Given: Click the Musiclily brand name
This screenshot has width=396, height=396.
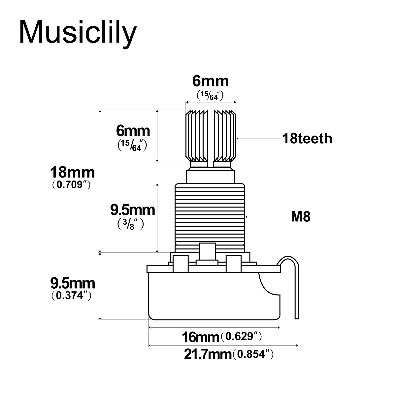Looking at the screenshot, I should point(78,32).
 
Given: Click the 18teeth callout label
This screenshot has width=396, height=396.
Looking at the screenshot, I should point(307,139).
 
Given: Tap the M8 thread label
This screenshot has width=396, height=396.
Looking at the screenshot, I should point(301,217).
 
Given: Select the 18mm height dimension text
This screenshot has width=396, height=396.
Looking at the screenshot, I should point(72,173).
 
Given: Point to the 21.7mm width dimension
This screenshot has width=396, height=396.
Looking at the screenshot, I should point(208,355).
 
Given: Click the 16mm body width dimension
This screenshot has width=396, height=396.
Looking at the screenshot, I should point(201,337).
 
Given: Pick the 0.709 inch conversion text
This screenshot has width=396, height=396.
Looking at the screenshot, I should point(71,185).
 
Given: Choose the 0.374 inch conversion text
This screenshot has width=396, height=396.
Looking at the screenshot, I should point(71,295).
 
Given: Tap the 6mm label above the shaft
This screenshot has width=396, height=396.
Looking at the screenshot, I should point(211,81).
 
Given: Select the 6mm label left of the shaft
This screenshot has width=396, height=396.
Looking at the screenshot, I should point(133,131).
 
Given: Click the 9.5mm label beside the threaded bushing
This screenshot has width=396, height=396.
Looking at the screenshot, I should point(132,210).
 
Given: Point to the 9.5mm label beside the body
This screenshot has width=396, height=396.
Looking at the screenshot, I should point(72,283).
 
